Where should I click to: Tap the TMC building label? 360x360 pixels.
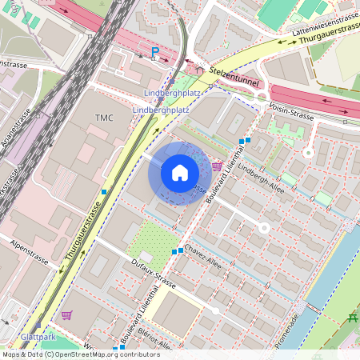click(x=105, y=118)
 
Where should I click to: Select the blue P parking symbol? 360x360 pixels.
click(x=155, y=54)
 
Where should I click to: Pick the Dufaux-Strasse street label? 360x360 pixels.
click(x=153, y=282)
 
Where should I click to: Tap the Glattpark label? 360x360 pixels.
click(x=38, y=337)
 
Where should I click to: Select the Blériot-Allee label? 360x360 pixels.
click(x=153, y=340)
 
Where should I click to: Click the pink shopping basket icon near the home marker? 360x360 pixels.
click(x=218, y=166)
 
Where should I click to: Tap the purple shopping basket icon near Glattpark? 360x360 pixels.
click(x=66, y=315)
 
